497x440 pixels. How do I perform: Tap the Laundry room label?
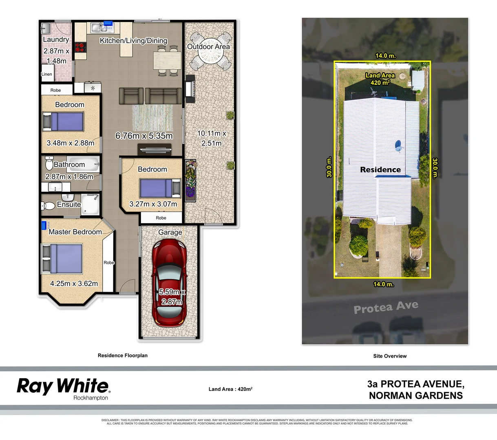[56, 40]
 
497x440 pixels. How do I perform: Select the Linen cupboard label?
[47, 74]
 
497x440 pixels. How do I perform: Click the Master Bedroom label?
[75, 232]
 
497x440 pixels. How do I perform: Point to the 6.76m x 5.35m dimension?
[144, 136]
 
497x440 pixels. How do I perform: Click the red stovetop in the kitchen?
[80, 47]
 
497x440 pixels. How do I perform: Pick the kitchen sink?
[97, 28]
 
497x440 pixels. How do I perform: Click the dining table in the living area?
[167, 61]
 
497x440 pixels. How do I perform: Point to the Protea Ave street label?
[386, 307]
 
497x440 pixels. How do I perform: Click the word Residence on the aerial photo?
[380, 169]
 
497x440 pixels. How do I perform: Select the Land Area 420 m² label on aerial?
[380, 79]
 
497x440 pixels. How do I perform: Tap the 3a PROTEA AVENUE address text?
[415, 384]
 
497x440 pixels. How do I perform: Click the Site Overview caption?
[390, 356]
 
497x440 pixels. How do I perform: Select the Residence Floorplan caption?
[123, 355]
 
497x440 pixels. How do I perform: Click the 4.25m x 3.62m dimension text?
[74, 284]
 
